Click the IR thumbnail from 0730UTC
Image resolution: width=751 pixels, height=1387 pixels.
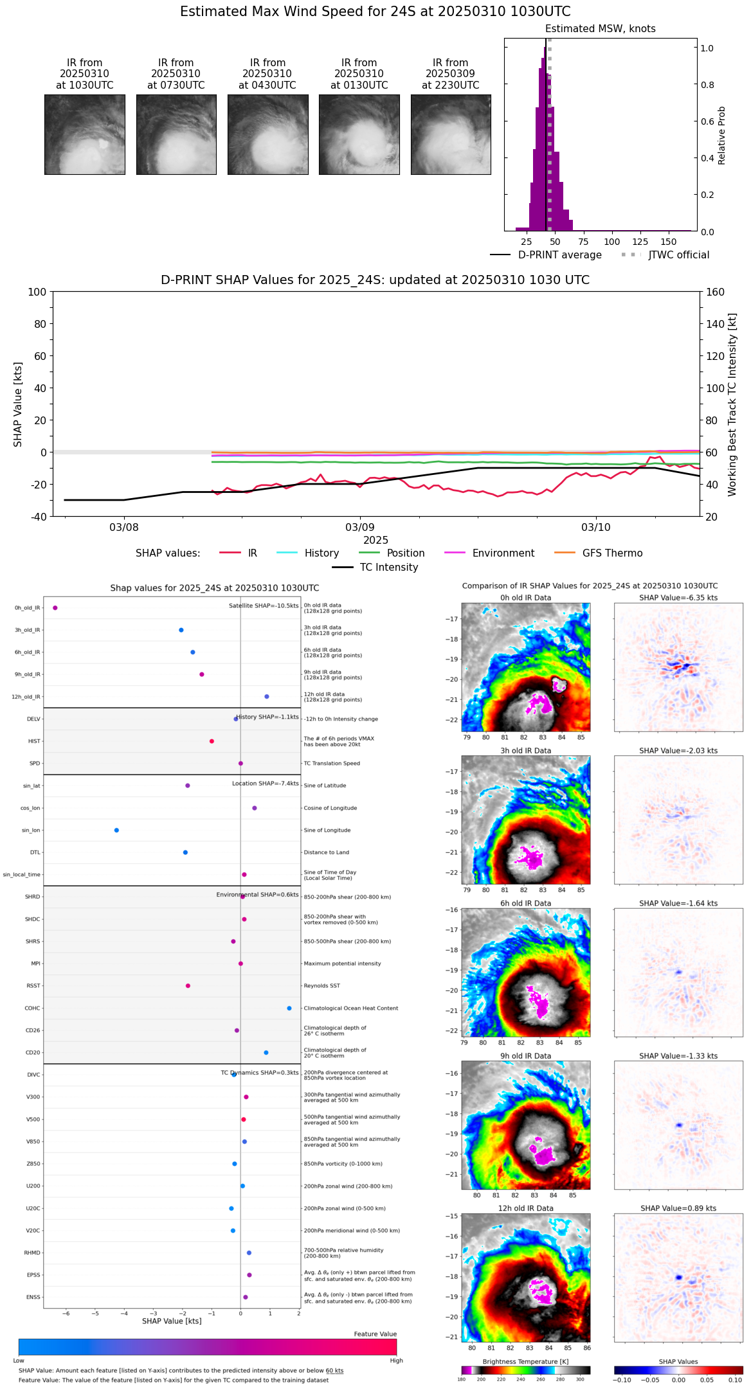coord(176,134)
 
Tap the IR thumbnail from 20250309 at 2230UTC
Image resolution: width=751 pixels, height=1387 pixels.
coord(451,134)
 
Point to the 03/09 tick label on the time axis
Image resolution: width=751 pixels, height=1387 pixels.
coord(360,528)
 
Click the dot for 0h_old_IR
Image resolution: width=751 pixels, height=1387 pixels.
coord(55,608)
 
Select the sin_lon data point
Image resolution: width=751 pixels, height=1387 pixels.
coord(116,830)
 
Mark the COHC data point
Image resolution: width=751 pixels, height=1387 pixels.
coord(289,1008)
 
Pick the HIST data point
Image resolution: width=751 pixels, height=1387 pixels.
coord(212,741)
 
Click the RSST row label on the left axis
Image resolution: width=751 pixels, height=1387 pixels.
coord(33,986)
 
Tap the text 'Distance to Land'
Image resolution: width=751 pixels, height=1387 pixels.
coord(326,852)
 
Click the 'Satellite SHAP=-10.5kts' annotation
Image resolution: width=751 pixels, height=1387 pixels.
coord(264,605)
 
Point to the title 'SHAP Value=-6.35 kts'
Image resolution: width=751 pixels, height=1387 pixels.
coord(678,598)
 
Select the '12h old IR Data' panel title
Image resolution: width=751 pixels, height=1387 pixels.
coord(525,1208)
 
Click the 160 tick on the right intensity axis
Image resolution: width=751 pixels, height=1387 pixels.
coord(716,292)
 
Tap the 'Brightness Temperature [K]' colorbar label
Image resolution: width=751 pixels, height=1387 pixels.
coord(525,1361)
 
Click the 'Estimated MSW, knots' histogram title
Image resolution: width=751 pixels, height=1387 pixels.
coord(600,29)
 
